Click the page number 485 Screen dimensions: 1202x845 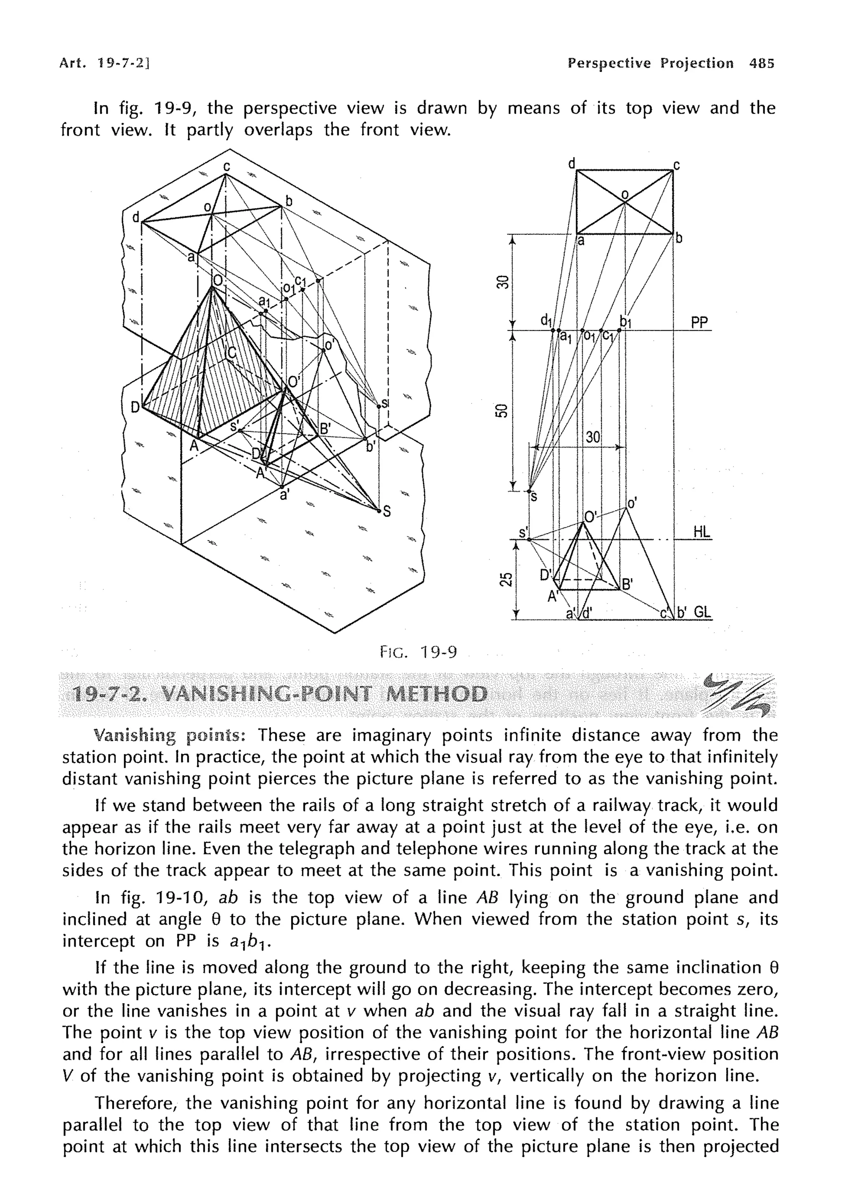coord(761,64)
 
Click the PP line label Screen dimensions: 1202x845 coord(699,323)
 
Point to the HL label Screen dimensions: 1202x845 coord(701,532)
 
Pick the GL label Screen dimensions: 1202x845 coord(703,612)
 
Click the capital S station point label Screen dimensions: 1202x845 coord(387,512)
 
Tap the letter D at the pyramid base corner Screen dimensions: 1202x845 coord(135,407)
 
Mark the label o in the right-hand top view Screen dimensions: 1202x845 coord(624,195)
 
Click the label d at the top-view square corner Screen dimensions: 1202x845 coord(572,164)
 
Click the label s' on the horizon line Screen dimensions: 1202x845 coord(522,533)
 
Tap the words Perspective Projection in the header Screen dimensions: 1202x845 coord(650,64)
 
